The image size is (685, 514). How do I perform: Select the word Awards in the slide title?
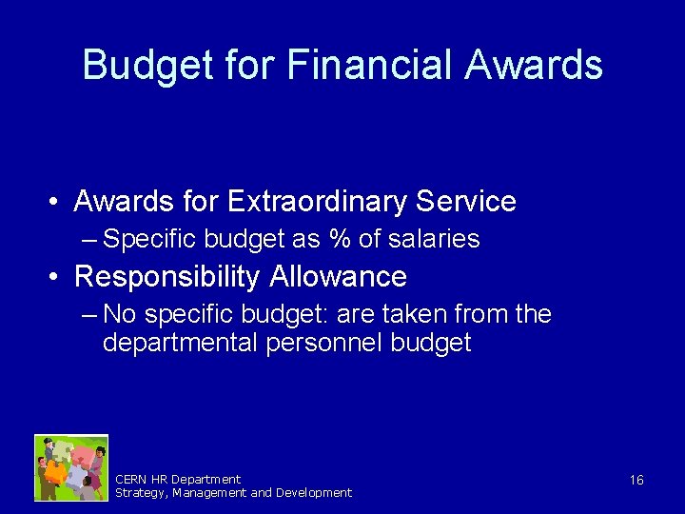534,66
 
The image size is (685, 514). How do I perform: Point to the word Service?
466,202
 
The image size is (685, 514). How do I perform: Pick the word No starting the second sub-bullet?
120,314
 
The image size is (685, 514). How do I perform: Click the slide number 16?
636,480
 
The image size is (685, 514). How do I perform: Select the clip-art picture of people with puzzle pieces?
71,467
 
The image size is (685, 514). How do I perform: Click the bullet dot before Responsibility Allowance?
58,278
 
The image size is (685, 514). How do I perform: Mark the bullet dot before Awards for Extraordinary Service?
58,203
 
